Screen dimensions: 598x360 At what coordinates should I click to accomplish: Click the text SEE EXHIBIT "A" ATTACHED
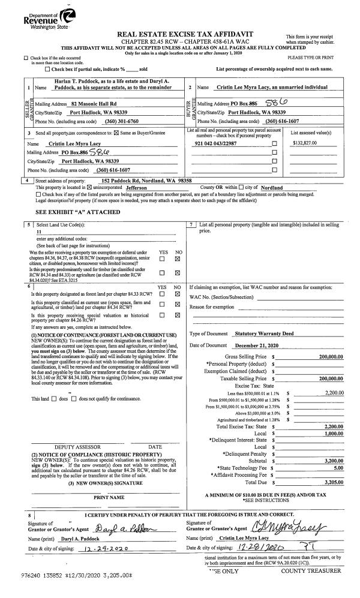pyautogui.click(x=70, y=211)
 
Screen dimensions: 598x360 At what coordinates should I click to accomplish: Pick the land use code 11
pyautogui.click(x=40, y=231)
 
